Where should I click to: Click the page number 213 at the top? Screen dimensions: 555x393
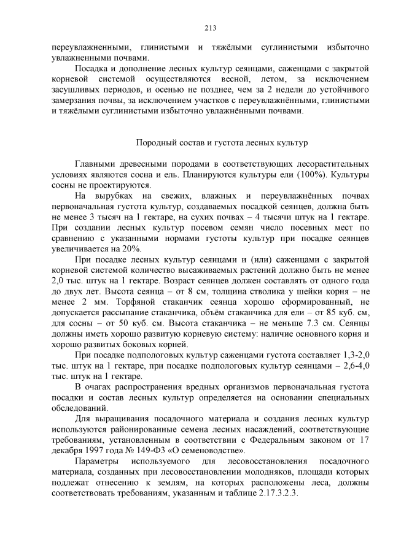(196, 28)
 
